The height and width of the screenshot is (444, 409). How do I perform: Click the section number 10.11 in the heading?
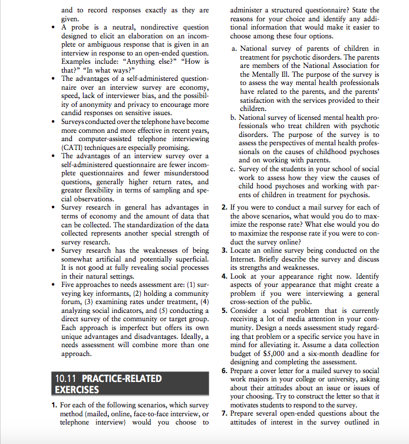66,378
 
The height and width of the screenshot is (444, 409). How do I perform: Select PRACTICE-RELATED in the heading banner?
121,378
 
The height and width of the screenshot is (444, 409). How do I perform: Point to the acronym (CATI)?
75,147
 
